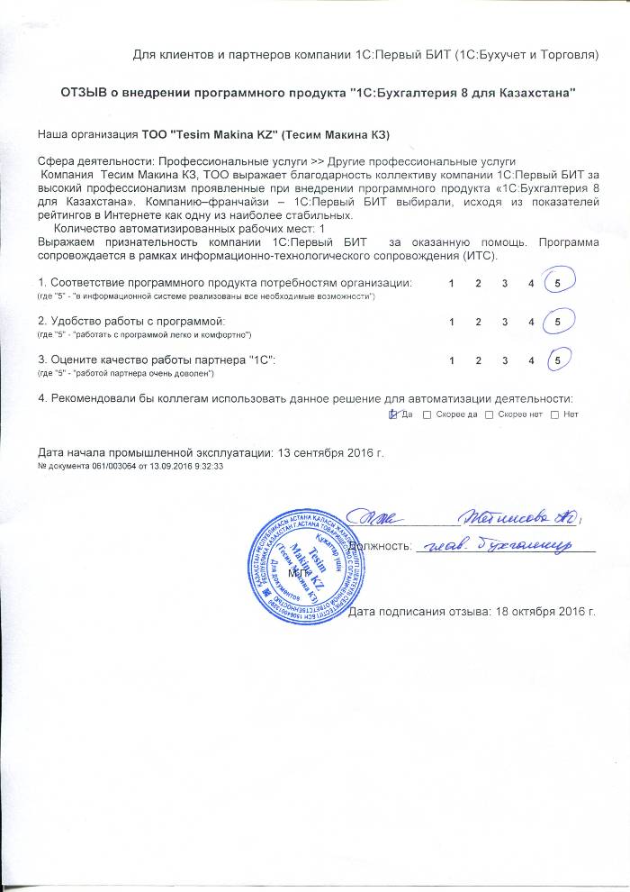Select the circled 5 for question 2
559,322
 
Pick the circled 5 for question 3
559,360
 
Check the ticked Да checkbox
392,414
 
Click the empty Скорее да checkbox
427,414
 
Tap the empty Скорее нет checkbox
490,414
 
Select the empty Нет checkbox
554,414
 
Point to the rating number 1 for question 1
452,284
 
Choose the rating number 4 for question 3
533,360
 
